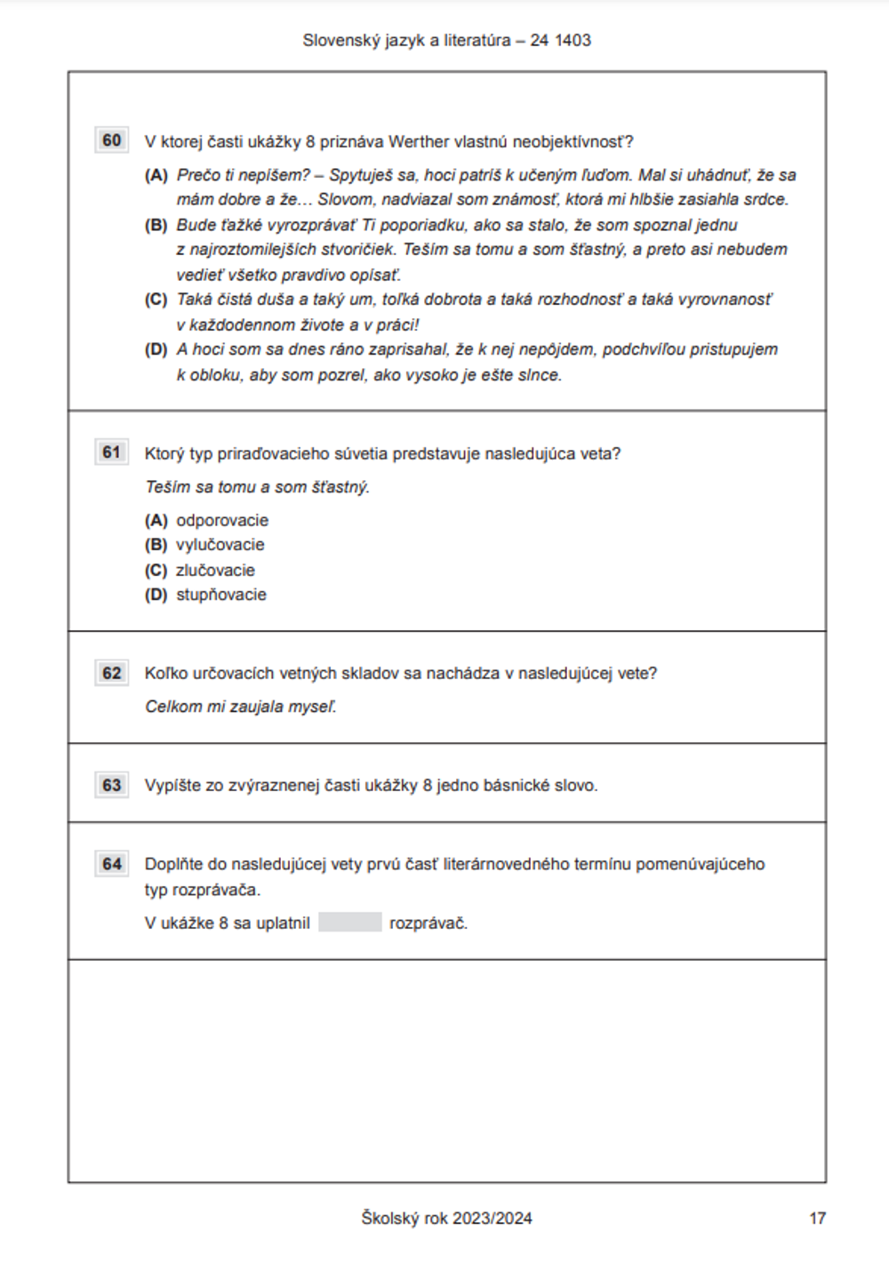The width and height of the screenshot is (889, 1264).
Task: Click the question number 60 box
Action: point(111,140)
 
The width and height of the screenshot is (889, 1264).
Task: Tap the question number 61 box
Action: point(111,452)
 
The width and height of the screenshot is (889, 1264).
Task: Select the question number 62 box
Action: point(111,673)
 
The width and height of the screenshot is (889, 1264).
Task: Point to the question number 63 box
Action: point(111,785)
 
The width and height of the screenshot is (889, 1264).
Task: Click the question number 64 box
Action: point(111,863)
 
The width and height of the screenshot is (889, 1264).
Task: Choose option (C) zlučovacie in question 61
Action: point(215,570)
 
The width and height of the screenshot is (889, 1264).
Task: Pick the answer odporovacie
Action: point(222,520)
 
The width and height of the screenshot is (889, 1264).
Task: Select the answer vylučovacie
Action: point(220,545)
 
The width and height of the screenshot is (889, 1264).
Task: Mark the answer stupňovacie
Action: point(221,595)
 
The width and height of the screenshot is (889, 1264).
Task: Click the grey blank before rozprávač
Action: point(349,923)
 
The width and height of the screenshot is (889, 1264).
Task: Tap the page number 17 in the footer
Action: point(817,1219)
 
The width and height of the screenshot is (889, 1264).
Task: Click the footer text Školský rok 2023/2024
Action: point(446,1219)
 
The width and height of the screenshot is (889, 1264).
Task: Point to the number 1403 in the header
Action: point(573,40)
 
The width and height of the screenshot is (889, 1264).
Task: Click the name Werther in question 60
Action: point(419,141)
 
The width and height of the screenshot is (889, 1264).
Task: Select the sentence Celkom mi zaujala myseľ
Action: point(241,707)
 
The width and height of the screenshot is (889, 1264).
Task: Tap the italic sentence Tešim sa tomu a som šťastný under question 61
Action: point(257,487)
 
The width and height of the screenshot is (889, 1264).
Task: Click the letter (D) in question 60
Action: point(156,349)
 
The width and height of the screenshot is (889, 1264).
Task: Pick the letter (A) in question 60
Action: point(156,175)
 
